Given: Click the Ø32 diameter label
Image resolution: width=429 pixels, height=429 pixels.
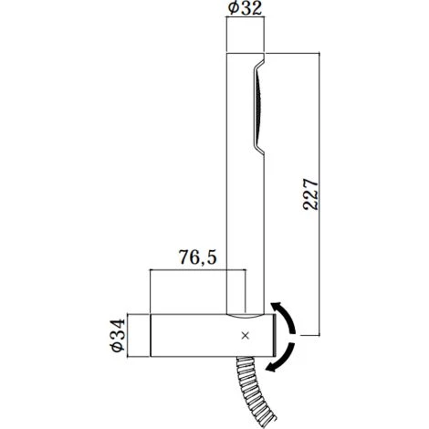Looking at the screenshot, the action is pyautogui.click(x=245, y=8).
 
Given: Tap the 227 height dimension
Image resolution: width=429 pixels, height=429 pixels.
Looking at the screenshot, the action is pyautogui.click(x=310, y=194).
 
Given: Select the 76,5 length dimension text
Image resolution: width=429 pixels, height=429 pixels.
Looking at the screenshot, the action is pyautogui.click(x=197, y=257).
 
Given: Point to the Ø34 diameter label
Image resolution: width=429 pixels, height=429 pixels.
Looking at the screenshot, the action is pyautogui.click(x=119, y=335).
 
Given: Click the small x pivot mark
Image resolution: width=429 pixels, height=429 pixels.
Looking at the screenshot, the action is pyautogui.click(x=246, y=336).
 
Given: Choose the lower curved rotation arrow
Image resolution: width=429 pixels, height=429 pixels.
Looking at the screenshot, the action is pyautogui.click(x=285, y=359).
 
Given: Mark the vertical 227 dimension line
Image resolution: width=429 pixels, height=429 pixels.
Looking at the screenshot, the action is pyautogui.click(x=319, y=194).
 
